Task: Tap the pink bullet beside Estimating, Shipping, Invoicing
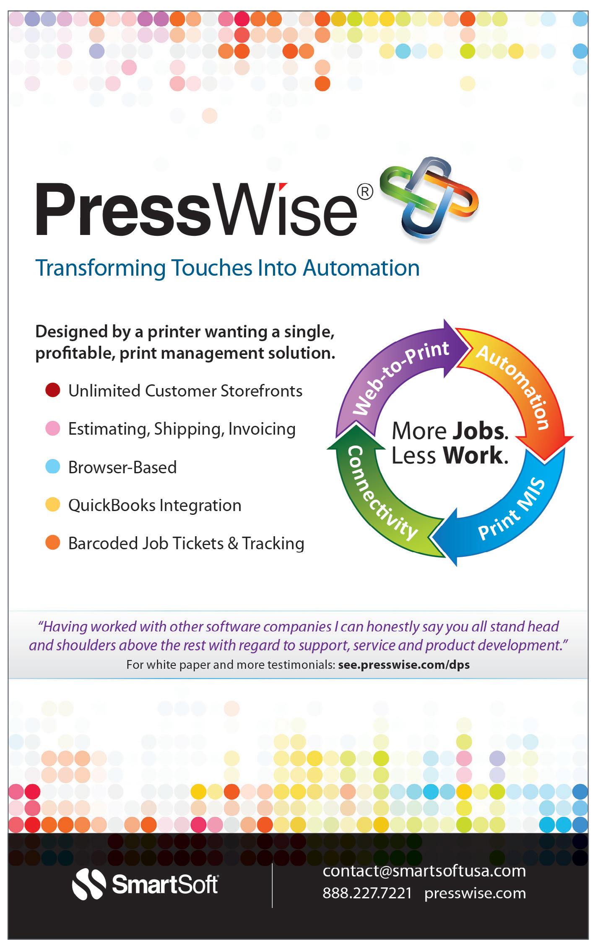point(53,428)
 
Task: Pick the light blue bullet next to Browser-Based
point(53,467)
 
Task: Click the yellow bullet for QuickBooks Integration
point(53,504)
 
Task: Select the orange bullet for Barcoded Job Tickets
point(53,543)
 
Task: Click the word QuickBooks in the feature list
point(112,505)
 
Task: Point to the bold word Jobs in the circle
point(480,431)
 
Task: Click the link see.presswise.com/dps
point(404,665)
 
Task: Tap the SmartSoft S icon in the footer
point(89,885)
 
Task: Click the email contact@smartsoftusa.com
point(424,871)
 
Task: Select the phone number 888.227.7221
point(367,893)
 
